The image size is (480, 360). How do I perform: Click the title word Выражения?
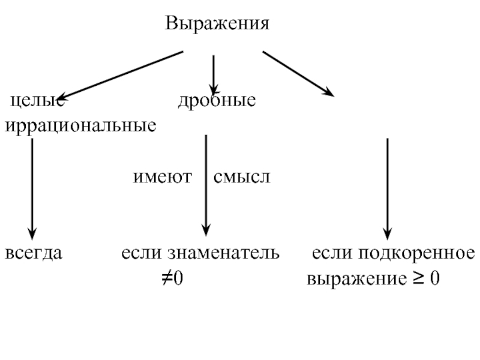point(217,23)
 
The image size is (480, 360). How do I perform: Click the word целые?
point(37,100)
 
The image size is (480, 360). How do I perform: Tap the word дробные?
point(217,100)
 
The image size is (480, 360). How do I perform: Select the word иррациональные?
point(81,125)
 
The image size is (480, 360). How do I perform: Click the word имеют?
point(162,177)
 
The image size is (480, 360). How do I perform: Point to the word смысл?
point(242,177)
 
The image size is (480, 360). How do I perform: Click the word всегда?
point(34,253)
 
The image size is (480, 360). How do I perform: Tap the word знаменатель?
point(223,253)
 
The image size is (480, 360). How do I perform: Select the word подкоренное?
point(416,254)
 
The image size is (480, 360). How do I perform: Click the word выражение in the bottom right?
point(356,279)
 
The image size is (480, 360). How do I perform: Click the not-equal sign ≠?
point(167,278)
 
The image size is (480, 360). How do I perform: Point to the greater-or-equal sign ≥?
point(418,278)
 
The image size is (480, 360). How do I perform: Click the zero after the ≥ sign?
point(434,278)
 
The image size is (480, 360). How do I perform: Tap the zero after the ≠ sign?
point(178,278)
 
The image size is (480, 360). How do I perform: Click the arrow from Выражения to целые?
point(121,76)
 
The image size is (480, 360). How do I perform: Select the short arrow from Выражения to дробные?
point(214,75)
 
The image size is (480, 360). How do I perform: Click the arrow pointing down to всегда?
point(32,189)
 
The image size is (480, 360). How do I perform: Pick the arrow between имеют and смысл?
point(206,185)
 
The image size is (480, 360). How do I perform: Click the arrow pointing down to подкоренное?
point(388,189)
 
